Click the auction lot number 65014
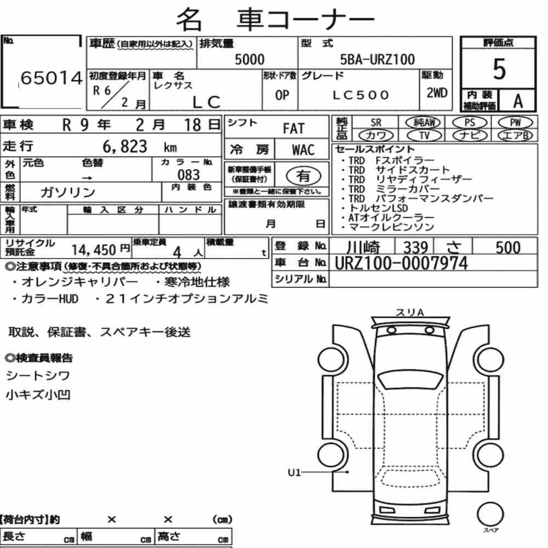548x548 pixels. tap(52, 78)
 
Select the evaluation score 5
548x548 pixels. tap(499, 69)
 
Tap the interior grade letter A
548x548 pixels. tap(518, 101)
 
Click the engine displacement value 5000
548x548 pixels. tap(249, 59)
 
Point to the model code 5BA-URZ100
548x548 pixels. tap(378, 59)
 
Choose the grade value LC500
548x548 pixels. tap(361, 95)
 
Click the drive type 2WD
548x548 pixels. tap(437, 93)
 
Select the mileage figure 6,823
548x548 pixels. tap(125, 146)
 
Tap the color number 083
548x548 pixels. tap(189, 175)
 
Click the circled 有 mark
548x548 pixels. tap(304, 176)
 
